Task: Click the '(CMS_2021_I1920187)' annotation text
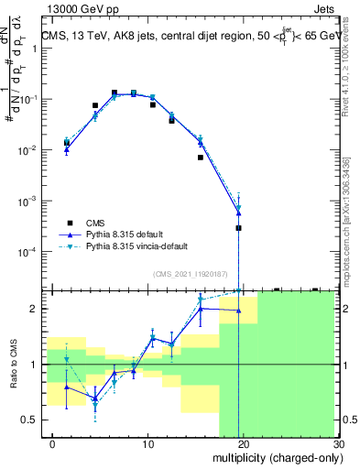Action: point(191,272)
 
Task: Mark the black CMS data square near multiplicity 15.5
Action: point(200,158)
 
